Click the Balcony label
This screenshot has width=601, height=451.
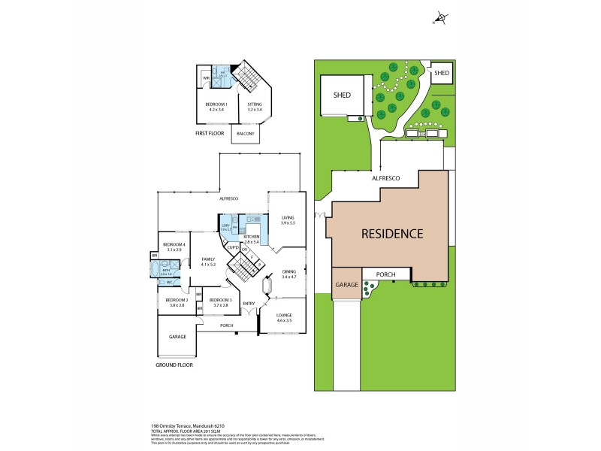[x=245, y=134]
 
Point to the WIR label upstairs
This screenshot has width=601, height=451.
[x=206, y=77]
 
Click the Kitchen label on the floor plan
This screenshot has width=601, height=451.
[x=251, y=239]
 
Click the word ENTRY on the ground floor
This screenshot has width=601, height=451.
[x=249, y=303]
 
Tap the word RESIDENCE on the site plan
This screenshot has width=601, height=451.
[x=392, y=233]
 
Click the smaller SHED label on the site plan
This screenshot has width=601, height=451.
[x=442, y=73]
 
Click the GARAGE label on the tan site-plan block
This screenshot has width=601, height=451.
[x=346, y=285]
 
